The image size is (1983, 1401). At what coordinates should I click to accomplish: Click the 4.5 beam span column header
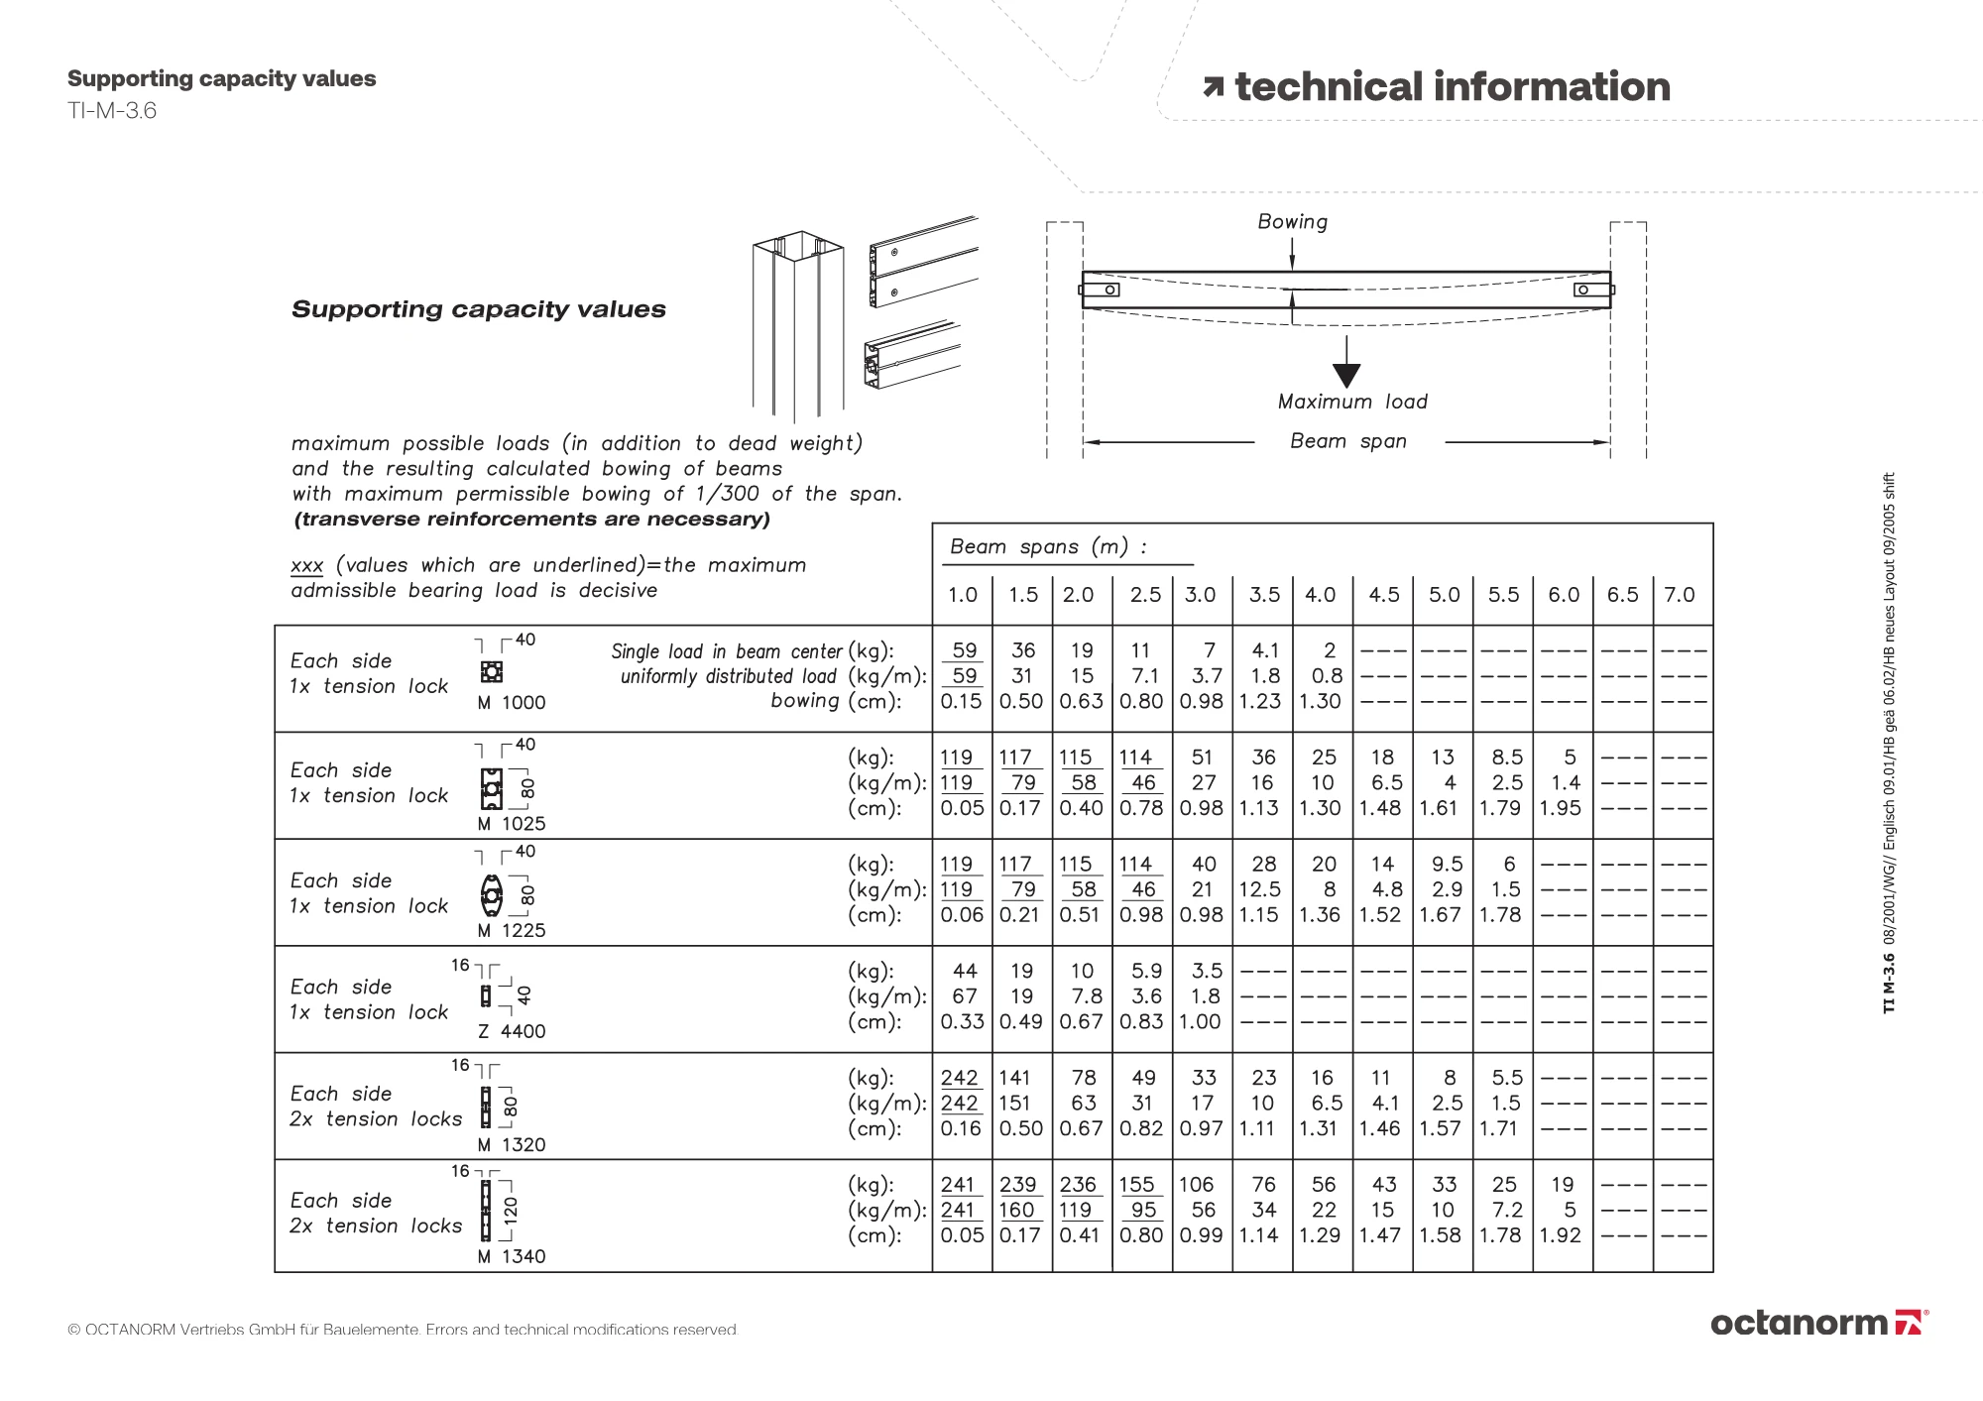coord(1383,595)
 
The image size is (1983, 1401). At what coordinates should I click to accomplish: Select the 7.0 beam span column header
coord(1679,595)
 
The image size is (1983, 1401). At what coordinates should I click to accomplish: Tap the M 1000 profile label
coord(512,703)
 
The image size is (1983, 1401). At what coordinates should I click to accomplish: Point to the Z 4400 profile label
coord(512,1031)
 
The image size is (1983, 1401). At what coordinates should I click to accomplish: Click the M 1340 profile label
coord(512,1256)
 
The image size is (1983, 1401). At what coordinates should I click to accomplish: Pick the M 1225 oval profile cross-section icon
coord(491,895)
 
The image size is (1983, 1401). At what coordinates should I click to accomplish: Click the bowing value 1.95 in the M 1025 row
coord(1561,808)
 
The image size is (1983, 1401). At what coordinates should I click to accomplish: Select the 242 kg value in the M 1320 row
coord(959,1078)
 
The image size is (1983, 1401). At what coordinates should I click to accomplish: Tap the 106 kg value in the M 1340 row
coord(1196,1185)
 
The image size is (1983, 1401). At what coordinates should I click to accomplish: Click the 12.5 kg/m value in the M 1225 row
coord(1260,889)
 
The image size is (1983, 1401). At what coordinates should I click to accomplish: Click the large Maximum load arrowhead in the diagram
coord(1345,375)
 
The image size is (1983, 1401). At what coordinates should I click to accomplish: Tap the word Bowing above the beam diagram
coord(1292,222)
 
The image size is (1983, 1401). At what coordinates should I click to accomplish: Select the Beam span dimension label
coord(1347,441)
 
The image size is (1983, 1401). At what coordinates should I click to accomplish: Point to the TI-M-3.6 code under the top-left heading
coord(112,110)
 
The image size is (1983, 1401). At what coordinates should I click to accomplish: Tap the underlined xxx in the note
coord(306,565)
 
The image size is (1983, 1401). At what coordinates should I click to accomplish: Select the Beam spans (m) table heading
coord(1048,546)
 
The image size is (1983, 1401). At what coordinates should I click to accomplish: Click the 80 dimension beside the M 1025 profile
coord(527,788)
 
